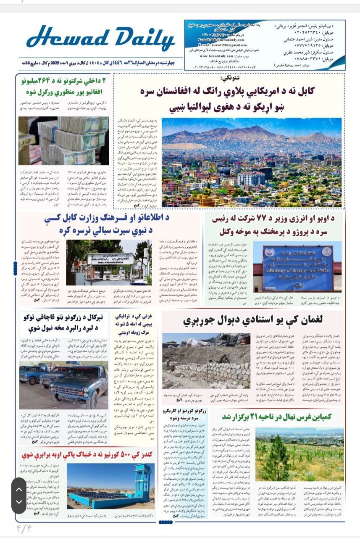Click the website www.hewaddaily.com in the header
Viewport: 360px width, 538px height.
(x=223, y=55)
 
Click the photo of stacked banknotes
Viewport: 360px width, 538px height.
(x=63, y=141)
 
